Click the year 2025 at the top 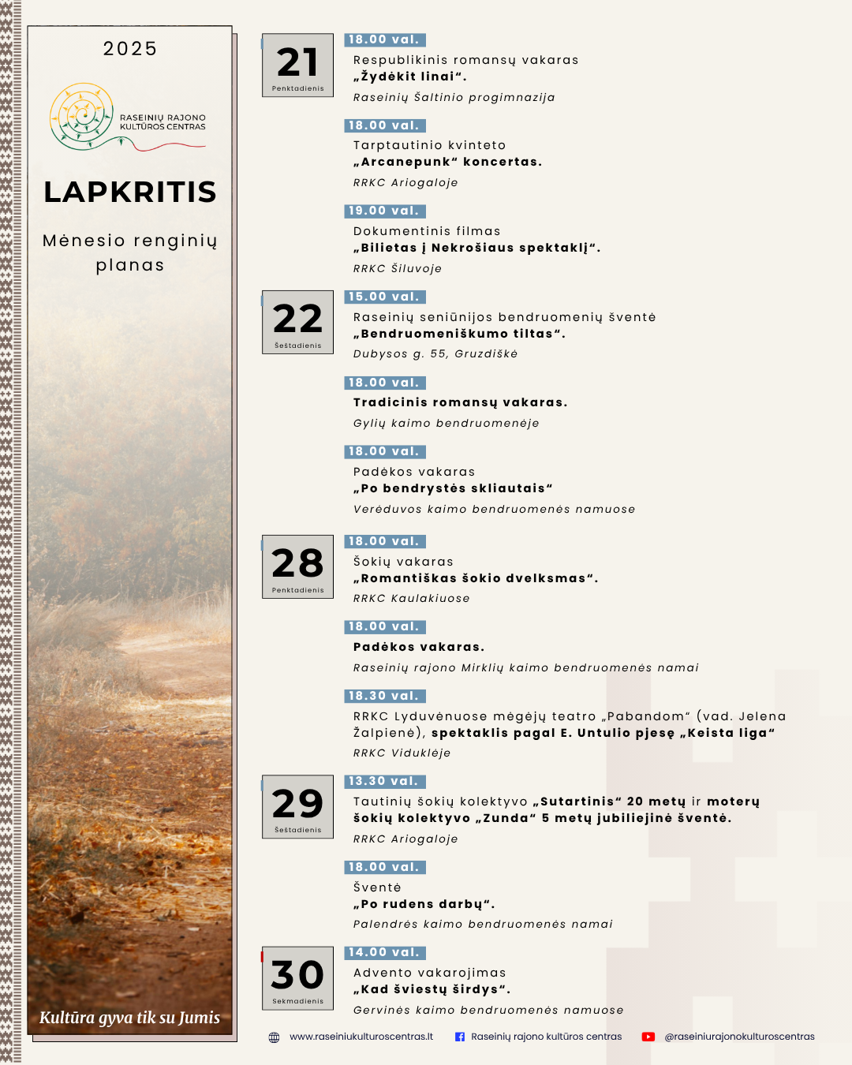coord(130,49)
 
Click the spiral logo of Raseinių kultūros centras coord(82,116)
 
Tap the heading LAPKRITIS coord(130,192)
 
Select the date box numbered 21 coord(297,65)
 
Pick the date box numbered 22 coord(297,323)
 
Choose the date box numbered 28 coord(297,566)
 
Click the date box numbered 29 coord(297,806)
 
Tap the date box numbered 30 coord(297,978)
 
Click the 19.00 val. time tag coord(385,211)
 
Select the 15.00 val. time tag coord(385,297)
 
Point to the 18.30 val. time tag coord(385,696)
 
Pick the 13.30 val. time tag coord(385,781)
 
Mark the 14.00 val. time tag coord(385,952)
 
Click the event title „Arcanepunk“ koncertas coord(447,162)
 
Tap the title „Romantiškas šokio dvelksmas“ coord(476,578)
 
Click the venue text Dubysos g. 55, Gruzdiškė coord(435,354)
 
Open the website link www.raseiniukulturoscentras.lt coord(361,1037)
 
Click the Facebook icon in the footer coord(460,1037)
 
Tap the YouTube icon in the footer coord(648,1037)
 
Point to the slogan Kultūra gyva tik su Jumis coord(130,1018)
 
